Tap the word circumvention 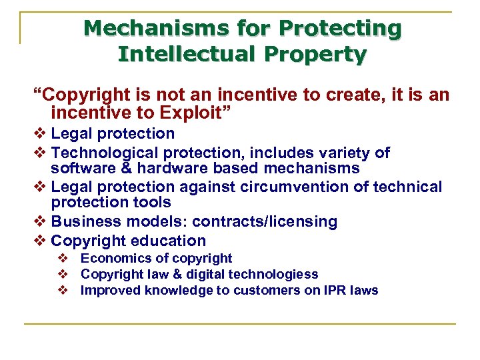(293, 187)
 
